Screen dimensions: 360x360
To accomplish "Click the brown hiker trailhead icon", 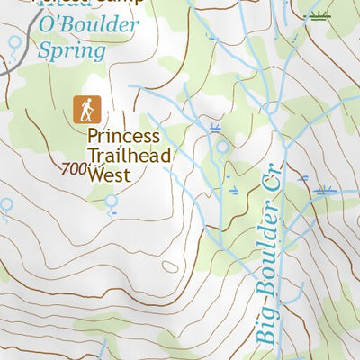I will pyautogui.click(x=87, y=110).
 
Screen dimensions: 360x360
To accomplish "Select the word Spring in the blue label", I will pyautogui.click(x=71, y=50).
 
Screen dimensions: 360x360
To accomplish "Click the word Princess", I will pyautogui.click(x=123, y=138).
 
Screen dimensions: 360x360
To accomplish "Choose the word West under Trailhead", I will pyautogui.click(x=109, y=175).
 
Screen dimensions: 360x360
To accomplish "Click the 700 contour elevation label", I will pyautogui.click(x=77, y=168).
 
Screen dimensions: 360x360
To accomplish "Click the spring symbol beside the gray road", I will pyautogui.click(x=13, y=41).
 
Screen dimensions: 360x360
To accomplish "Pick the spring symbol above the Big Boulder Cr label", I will pyautogui.click(x=220, y=147).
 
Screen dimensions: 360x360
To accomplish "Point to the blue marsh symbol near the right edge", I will pyautogui.click(x=324, y=189).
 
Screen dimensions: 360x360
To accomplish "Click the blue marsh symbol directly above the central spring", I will pyautogui.click(x=215, y=128).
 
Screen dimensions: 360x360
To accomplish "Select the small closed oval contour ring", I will pyautogui.click(x=170, y=265).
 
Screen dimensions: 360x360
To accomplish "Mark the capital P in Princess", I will pyautogui.click(x=93, y=138).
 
